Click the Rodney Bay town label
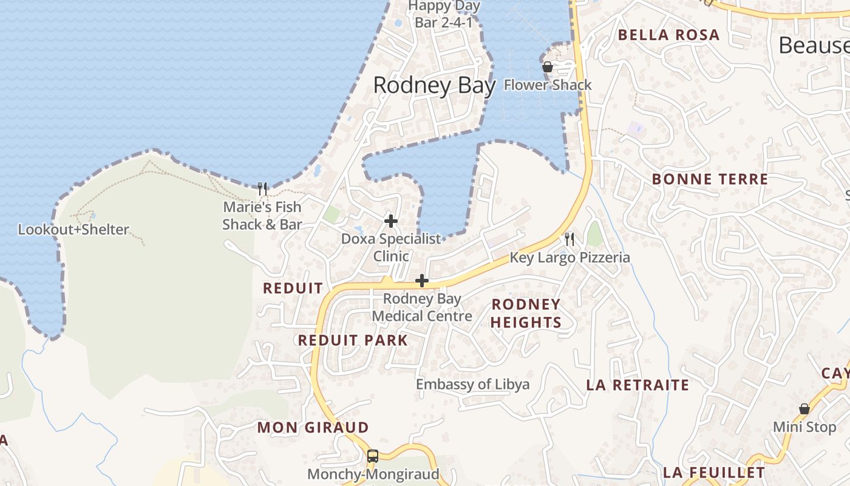(434, 86)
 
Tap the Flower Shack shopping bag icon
(548, 67)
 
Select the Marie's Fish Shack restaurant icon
(262, 189)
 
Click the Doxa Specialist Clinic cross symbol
(391, 221)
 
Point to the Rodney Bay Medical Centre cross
(422, 281)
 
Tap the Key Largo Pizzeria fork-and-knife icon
(569, 239)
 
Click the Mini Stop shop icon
(804, 409)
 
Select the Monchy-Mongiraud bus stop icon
(373, 456)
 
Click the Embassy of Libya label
(472, 385)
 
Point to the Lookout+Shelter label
(73, 230)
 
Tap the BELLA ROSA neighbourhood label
(668, 35)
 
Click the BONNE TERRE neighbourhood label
(710, 179)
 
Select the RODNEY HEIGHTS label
(526, 313)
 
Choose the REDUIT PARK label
(353, 340)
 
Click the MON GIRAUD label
(313, 428)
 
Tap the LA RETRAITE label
(637, 385)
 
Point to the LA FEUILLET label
(714, 473)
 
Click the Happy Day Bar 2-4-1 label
(444, 14)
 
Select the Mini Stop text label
(804, 427)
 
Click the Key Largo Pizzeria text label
(569, 258)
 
